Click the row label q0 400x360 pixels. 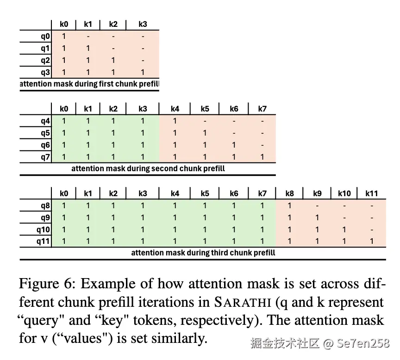coord(45,36)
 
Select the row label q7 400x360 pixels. coord(45,157)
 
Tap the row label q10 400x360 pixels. coord(43,229)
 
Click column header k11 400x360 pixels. coord(372,193)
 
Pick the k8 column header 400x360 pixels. coord(289,193)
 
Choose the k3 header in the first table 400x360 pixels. coord(143,24)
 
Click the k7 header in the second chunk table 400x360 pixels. coord(262,109)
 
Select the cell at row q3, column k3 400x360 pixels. coord(143,72)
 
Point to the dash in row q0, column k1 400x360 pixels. coord(88,36)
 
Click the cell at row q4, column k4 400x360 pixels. coord(175,121)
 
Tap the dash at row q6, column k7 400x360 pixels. coord(262,145)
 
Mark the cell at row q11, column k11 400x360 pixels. coord(372,241)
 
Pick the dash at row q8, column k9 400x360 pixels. coord(317,205)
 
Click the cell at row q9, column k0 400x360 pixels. coord(64,217)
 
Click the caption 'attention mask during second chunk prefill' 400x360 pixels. coord(148,168)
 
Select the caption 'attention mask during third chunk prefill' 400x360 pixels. coord(203,253)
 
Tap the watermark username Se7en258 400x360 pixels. coord(363,343)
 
